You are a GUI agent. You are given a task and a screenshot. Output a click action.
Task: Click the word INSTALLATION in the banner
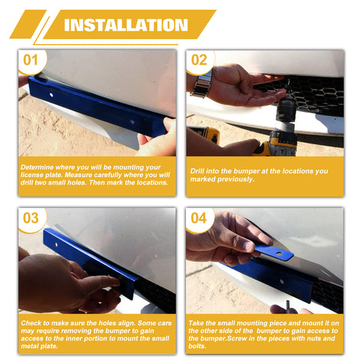[x=126, y=25]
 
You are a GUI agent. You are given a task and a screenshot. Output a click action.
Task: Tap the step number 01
[x=30, y=60]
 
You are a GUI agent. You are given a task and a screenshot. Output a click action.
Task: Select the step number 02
[x=199, y=60]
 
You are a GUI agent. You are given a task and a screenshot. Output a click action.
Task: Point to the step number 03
[x=31, y=218]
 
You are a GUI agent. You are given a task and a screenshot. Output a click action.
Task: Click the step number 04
[x=199, y=218]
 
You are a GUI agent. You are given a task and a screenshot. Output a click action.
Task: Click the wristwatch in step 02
[x=202, y=84]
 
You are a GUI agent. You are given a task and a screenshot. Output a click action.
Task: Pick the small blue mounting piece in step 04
[x=274, y=252]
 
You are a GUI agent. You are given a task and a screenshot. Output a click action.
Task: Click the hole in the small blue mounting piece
[x=279, y=254]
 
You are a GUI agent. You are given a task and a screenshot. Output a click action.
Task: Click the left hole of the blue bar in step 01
[x=51, y=95]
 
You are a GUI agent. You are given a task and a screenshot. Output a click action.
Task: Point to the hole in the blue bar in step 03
[x=56, y=244]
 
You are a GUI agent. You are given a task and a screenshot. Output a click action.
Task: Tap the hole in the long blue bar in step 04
[x=282, y=282]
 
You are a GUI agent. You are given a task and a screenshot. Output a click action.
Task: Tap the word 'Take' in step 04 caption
[x=196, y=323]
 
